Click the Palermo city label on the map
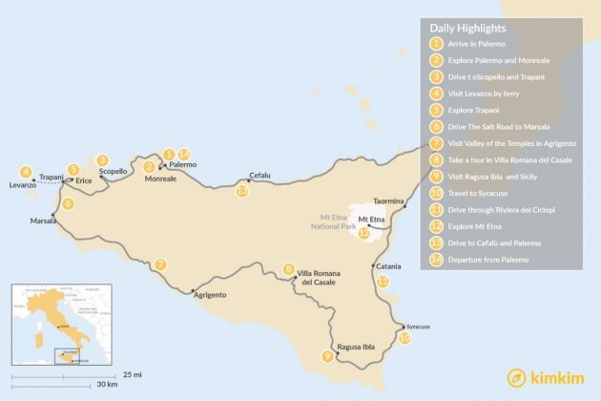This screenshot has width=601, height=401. (182, 165)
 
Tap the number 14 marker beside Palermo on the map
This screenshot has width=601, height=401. (184, 154)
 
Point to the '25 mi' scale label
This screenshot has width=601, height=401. (132, 373)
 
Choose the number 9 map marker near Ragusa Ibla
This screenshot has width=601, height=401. (327, 356)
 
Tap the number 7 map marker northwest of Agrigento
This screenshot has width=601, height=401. (161, 264)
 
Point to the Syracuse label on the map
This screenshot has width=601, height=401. (417, 327)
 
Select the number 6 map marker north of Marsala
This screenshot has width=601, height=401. (67, 203)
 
